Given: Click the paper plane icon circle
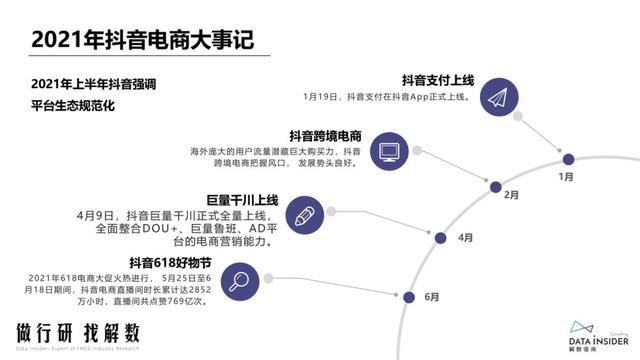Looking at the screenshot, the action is [x=498, y=95].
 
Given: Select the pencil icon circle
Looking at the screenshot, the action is [x=302, y=213].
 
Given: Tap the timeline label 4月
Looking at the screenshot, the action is [x=465, y=238].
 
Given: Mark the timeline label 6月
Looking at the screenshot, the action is [x=432, y=296].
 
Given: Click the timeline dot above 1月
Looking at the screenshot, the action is [x=567, y=158].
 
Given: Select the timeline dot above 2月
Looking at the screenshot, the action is [x=494, y=186].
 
